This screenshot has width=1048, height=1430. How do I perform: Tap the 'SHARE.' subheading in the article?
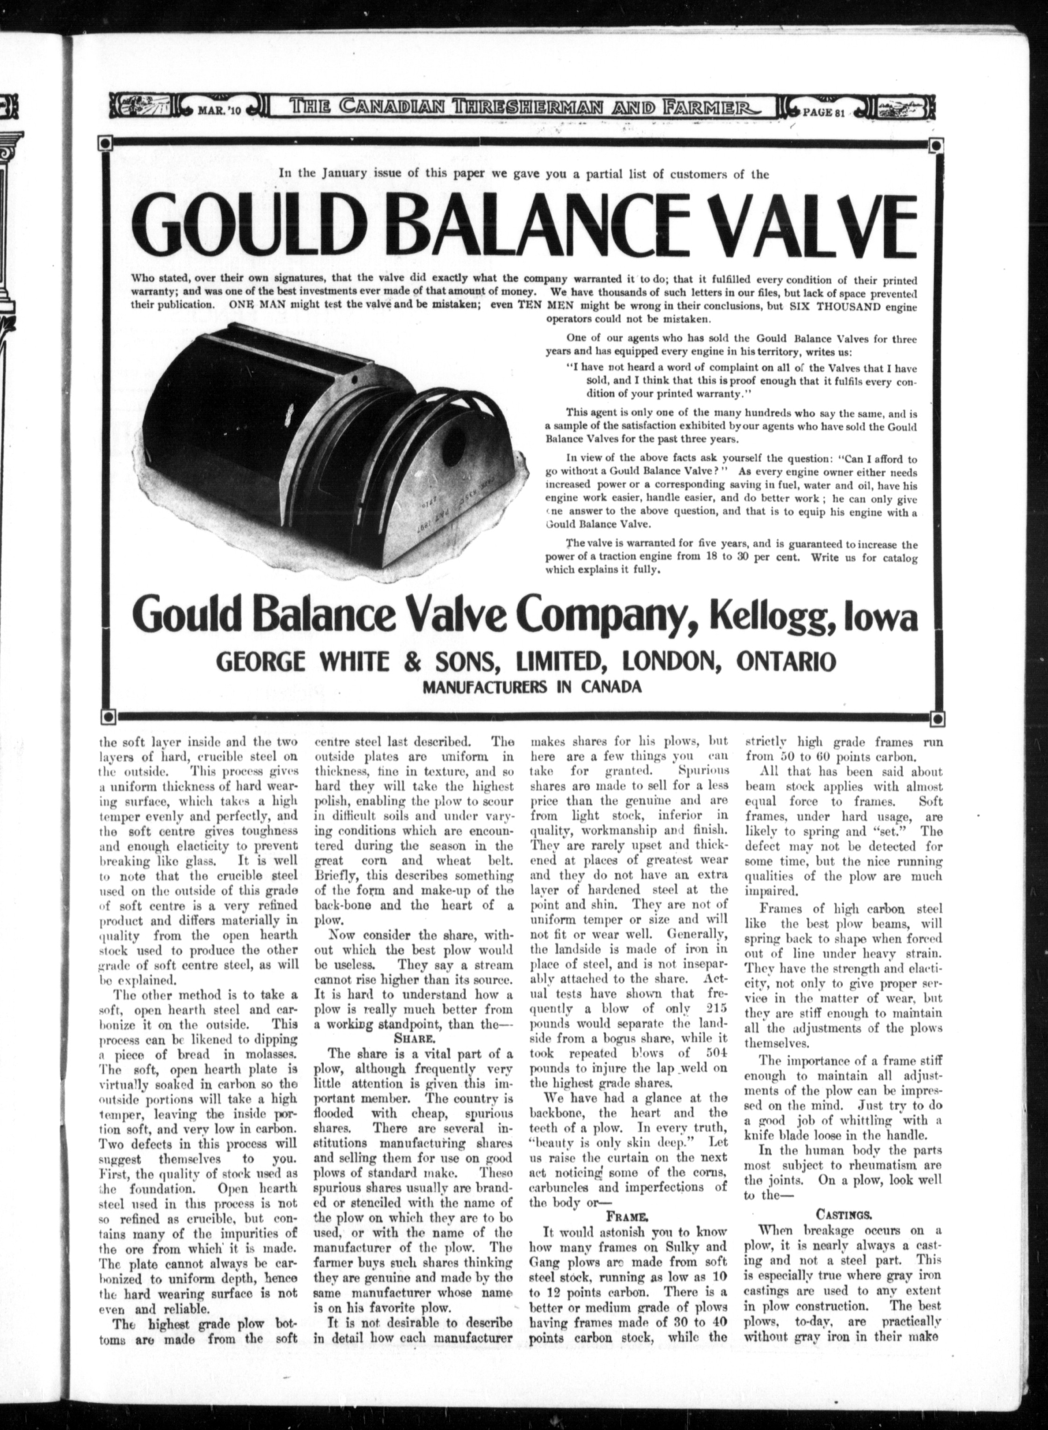coord(414,1039)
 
